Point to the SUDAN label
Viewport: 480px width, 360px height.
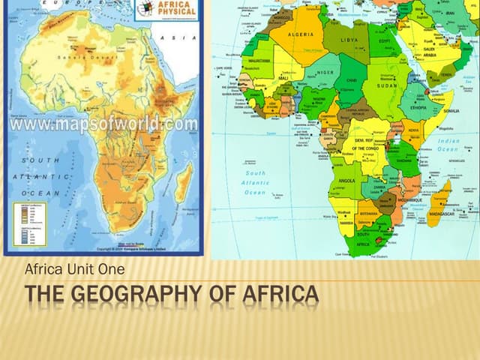coord(388,86)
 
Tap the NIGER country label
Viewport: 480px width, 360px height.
coord(325,73)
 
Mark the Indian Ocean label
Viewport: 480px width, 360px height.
coord(448,145)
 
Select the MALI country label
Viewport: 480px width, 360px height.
coord(283,77)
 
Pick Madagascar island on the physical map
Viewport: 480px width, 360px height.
coord(182,182)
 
